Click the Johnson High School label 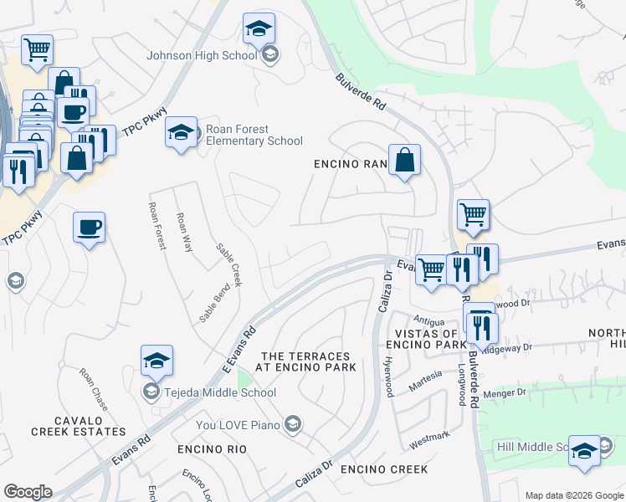click(x=202, y=56)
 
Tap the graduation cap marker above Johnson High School click(x=259, y=29)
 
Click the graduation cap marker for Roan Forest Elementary click(x=181, y=132)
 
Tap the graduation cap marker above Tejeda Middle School click(x=156, y=361)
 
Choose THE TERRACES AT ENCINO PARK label click(x=309, y=361)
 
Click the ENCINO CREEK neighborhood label click(x=384, y=469)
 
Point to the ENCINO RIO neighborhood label click(x=212, y=449)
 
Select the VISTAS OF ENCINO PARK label click(x=427, y=339)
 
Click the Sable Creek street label click(x=228, y=264)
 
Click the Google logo click(x=28, y=492)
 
